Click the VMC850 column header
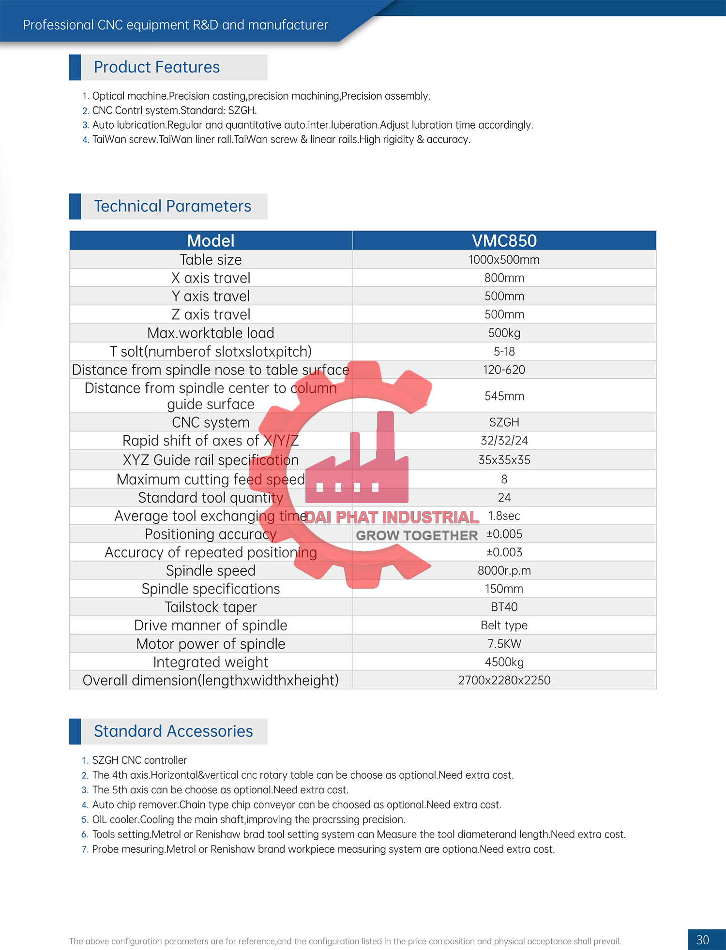point(504,240)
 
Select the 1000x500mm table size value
point(504,260)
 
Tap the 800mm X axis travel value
point(504,278)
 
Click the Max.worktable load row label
point(211,333)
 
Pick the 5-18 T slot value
point(504,352)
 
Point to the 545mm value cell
point(504,396)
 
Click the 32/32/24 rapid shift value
point(504,441)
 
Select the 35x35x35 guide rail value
point(504,460)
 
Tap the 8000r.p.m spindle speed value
point(504,571)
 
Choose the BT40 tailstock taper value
point(504,607)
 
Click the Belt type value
point(504,625)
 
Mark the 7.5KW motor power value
point(504,644)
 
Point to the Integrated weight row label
point(211,662)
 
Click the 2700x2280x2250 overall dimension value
point(504,681)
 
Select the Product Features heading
point(156,67)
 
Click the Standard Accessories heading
point(173,731)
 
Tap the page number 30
point(702,940)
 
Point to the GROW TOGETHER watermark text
point(417,535)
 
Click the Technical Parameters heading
point(172,207)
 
